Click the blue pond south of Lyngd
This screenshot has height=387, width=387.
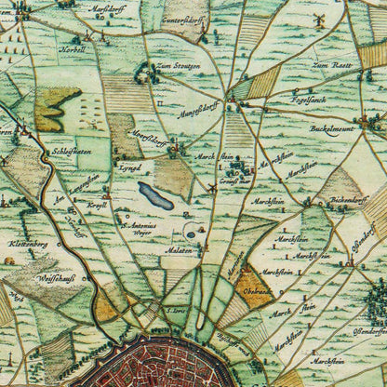(155, 196)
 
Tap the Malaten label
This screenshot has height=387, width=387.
(180, 250)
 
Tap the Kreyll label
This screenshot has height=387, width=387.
(97, 203)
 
